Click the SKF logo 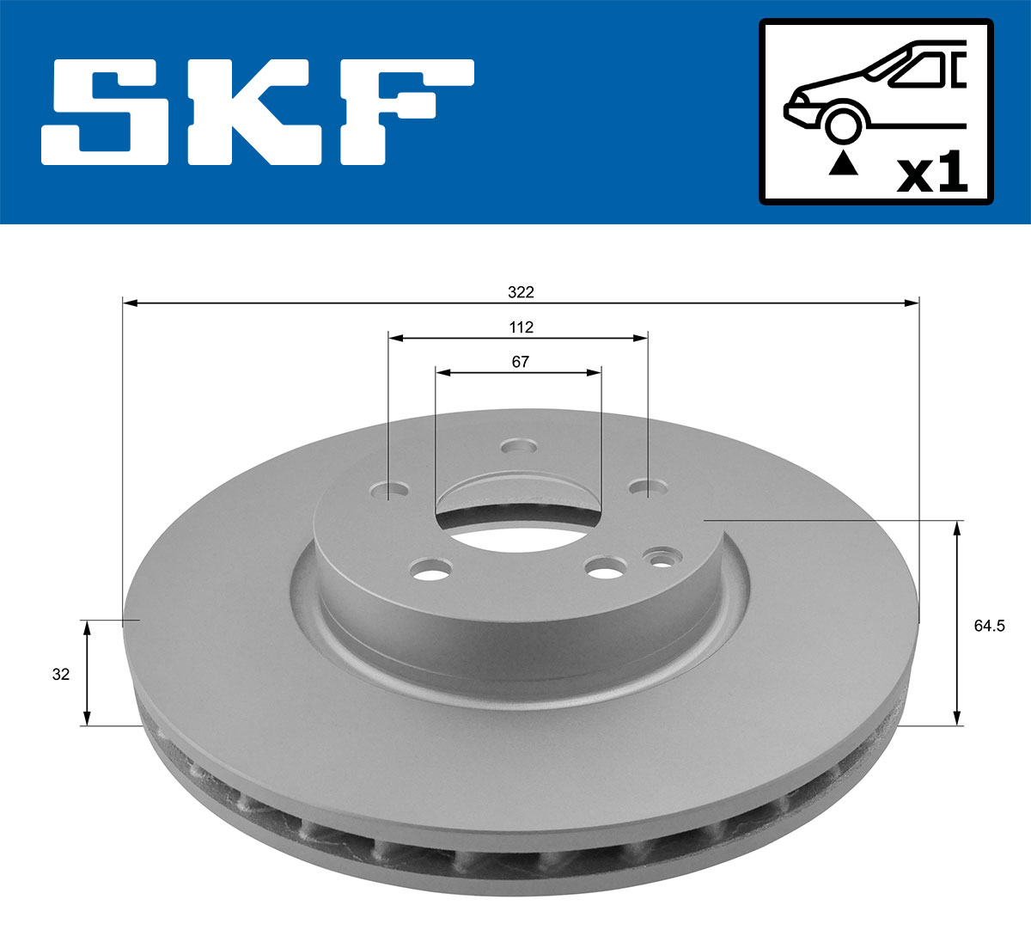(x=258, y=112)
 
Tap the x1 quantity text (x=932, y=174)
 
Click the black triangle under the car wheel (x=844, y=162)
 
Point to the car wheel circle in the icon (x=843, y=123)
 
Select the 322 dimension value (x=521, y=292)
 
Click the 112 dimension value (x=521, y=327)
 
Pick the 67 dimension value (x=521, y=362)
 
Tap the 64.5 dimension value (x=989, y=626)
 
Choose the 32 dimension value (x=60, y=675)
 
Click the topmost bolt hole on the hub (x=519, y=446)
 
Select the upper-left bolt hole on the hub (x=391, y=492)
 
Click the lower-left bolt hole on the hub (x=431, y=568)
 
